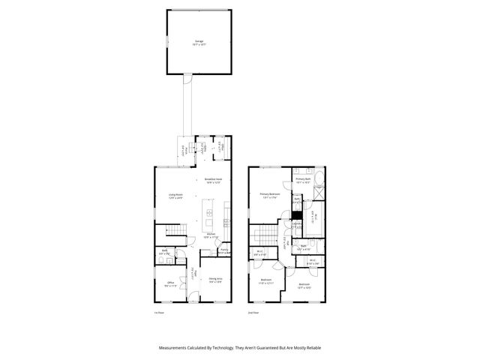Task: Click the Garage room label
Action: tap(199, 42)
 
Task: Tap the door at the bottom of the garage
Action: tap(188, 77)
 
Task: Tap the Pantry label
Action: tap(223, 250)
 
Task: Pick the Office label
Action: tap(169, 284)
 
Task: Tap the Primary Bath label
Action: tap(303, 180)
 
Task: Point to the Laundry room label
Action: tap(297, 224)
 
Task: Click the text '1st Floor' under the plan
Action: tap(159, 312)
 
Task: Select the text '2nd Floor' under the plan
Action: tap(253, 312)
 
